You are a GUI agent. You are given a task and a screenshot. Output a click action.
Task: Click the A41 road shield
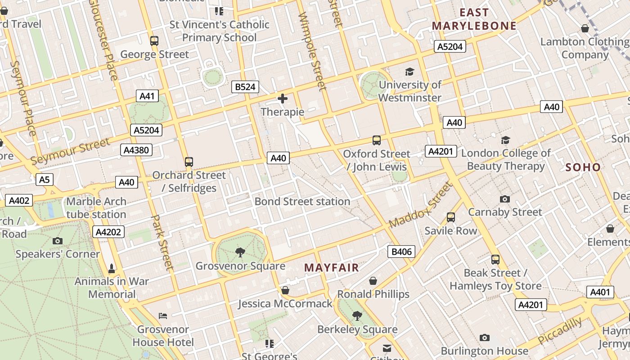point(147,96)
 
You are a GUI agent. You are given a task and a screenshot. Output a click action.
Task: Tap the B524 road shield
point(245,87)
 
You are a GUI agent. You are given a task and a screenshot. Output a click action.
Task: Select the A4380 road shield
point(136,150)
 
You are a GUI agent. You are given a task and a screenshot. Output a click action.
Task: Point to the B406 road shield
point(401,252)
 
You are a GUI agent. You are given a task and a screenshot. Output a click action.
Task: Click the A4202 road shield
point(108,232)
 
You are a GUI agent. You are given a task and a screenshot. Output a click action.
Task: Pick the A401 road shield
point(600,292)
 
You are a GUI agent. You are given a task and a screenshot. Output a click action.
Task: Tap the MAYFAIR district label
point(332,268)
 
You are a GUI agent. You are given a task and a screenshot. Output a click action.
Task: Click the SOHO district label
point(583,167)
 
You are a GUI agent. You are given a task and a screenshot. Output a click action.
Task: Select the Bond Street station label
point(302,201)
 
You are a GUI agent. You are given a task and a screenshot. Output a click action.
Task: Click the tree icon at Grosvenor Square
point(240,252)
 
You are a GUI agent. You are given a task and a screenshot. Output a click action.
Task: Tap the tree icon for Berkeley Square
point(357,316)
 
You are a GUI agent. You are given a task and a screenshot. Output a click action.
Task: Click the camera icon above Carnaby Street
point(505,199)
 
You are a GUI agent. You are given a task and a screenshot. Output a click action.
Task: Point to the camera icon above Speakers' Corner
point(58,241)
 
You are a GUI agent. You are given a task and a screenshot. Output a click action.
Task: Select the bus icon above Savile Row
point(451,217)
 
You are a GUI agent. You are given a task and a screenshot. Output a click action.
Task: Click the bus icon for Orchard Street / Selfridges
point(189,162)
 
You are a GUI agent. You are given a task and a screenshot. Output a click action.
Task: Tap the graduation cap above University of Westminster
point(409,72)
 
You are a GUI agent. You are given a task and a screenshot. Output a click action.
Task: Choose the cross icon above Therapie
point(283,99)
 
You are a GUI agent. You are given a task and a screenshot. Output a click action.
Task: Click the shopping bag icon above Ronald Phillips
point(373,281)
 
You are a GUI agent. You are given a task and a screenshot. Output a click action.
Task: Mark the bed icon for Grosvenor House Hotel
point(163,316)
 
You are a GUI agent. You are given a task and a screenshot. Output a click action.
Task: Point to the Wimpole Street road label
point(311,50)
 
